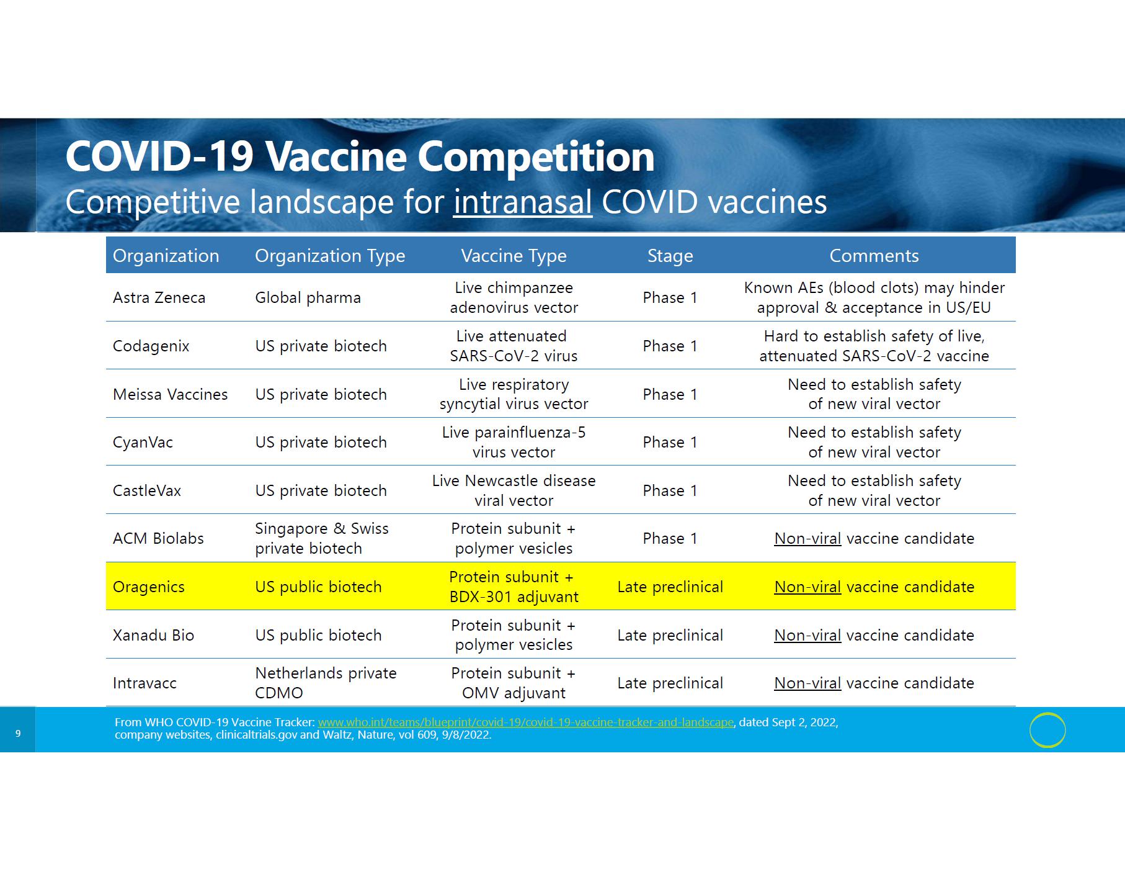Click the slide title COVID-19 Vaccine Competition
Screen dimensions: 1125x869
tap(360, 156)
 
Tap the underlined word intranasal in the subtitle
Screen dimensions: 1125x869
tap(523, 202)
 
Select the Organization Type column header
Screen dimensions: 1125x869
tap(330, 256)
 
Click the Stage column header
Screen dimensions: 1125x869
tap(670, 256)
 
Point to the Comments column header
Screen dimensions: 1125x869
tap(874, 256)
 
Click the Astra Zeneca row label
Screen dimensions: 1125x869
tap(159, 298)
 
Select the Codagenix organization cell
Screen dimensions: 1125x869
tap(151, 346)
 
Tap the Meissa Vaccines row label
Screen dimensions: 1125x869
tap(171, 394)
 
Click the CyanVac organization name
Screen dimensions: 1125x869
tap(143, 443)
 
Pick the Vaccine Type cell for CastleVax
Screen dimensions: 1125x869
tap(514, 490)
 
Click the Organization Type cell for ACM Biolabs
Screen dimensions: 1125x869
tap(322, 538)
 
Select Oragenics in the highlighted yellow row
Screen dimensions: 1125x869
tap(149, 587)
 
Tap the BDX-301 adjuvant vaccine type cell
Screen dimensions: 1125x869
tap(514, 587)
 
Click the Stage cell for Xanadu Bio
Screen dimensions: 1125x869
tap(670, 635)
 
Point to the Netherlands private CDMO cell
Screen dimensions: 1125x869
tap(326, 683)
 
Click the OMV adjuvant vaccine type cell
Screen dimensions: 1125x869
tap(514, 683)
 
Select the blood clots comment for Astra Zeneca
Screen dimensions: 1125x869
tap(874, 297)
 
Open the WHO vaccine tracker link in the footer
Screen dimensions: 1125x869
tap(526, 723)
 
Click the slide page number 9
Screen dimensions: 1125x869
tap(18, 734)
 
